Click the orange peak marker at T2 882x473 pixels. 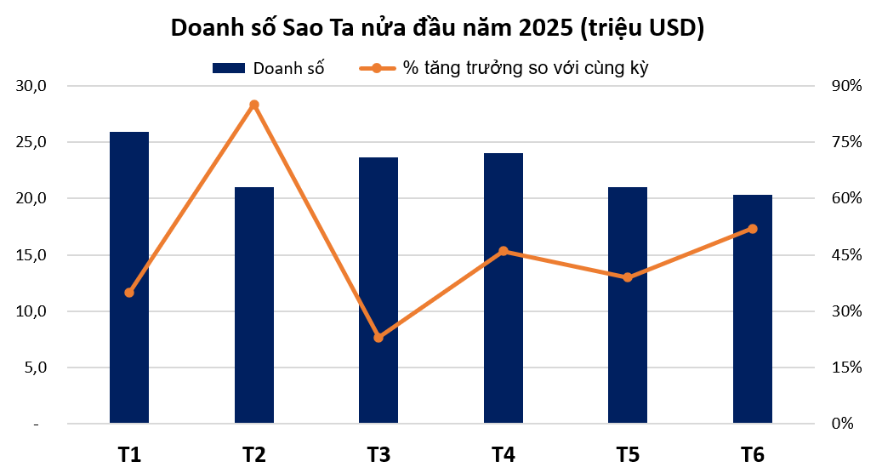coord(254,105)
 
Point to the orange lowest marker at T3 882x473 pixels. coord(378,338)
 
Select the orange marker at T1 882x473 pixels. coord(129,293)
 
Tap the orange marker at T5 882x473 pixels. coord(628,277)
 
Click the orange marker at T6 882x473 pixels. coord(752,229)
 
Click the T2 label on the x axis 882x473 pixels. coord(254,454)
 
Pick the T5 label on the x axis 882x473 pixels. coord(628,454)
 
